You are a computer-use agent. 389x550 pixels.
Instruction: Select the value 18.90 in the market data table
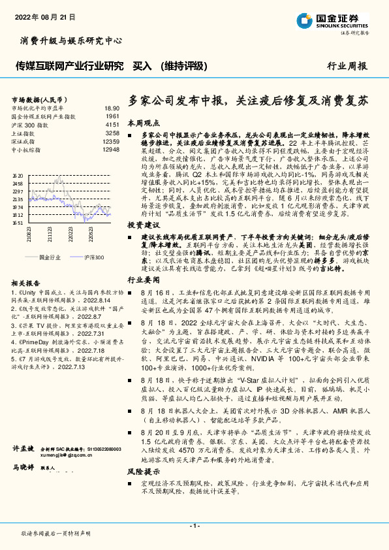111,108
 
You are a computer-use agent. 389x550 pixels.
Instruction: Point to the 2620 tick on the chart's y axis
17,176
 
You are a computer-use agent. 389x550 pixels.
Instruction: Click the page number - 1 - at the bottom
194,526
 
